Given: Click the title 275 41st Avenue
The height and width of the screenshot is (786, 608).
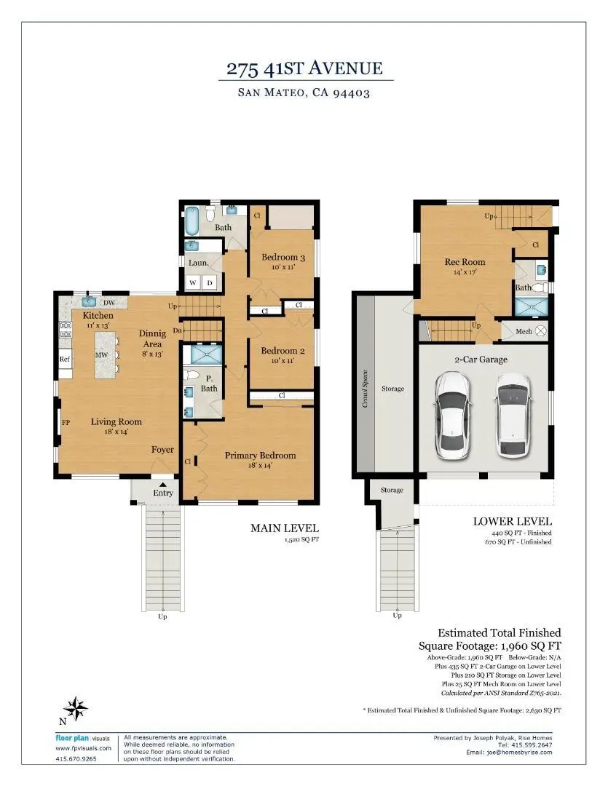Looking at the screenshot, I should coord(304,69).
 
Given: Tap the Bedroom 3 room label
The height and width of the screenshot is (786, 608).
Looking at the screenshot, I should coord(283,257).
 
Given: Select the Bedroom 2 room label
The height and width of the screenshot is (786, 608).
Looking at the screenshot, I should coord(283,350).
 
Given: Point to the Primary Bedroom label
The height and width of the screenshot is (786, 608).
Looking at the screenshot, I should coord(260,456).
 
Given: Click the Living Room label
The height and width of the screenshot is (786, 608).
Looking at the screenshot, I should coord(116,421).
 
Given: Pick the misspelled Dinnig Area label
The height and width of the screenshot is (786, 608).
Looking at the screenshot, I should coord(152,334).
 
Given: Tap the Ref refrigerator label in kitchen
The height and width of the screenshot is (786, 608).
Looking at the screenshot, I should coord(65,359).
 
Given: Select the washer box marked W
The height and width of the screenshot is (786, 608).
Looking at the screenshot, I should coord(193,282).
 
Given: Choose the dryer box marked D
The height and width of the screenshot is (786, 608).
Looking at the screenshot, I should coord(210,282).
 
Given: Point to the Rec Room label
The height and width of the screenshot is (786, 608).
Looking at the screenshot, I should coord(465,262).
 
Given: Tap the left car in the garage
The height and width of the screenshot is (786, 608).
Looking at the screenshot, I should coord(453,414).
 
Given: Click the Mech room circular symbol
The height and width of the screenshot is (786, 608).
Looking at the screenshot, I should coord(540,331).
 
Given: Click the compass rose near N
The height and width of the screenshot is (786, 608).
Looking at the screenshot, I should coord(76,707).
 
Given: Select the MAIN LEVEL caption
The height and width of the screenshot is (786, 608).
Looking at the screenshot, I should coord(285,528).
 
